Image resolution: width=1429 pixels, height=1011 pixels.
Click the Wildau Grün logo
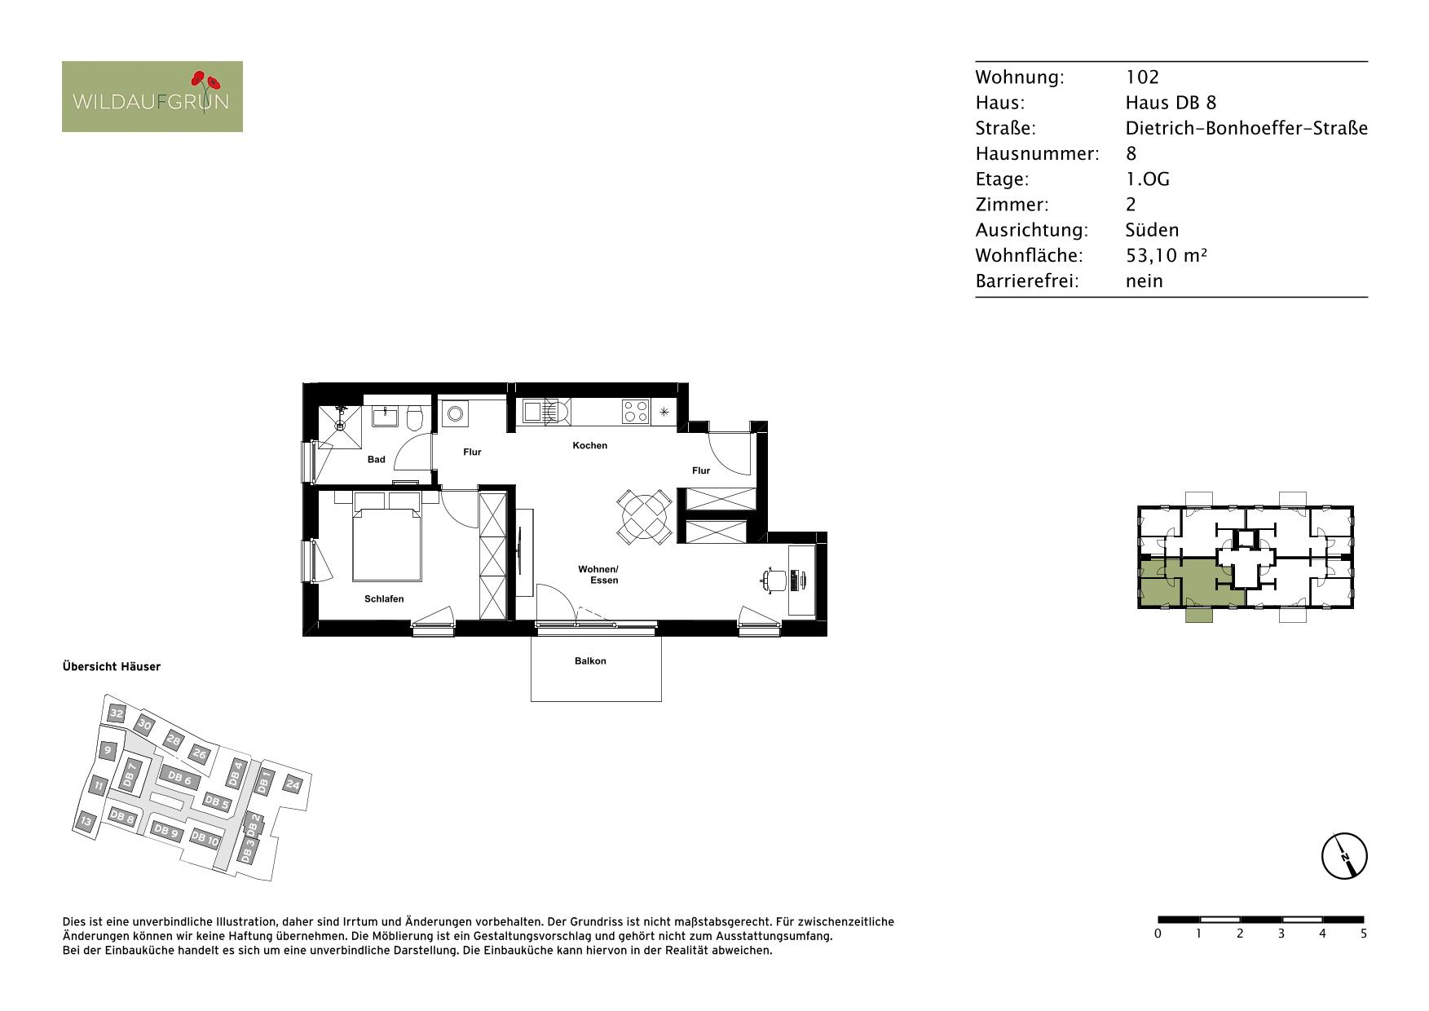[x=152, y=96]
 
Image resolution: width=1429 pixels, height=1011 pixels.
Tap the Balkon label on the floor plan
[x=590, y=661]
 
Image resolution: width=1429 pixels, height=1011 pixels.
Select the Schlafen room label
[x=384, y=599]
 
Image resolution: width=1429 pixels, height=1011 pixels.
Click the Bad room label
[x=376, y=460]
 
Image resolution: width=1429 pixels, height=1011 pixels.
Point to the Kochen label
[x=590, y=446]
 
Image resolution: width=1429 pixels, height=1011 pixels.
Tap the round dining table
[x=644, y=516]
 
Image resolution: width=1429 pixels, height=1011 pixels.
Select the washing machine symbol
[x=455, y=413]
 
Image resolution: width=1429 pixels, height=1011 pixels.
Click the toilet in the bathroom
[x=414, y=418]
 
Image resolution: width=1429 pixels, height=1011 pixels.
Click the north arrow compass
[x=1343, y=857]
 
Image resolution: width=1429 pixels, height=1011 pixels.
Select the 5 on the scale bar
[x=1363, y=934]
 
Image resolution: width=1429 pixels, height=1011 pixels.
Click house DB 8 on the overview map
[x=121, y=817]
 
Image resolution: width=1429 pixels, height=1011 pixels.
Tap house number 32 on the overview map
[x=117, y=714]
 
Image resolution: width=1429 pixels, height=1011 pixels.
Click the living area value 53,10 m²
[x=1166, y=255]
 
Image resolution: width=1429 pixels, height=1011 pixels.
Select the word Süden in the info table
[x=1152, y=230]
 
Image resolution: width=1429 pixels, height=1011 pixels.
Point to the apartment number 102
[x=1142, y=77]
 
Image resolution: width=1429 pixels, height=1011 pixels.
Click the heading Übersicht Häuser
[x=112, y=667]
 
